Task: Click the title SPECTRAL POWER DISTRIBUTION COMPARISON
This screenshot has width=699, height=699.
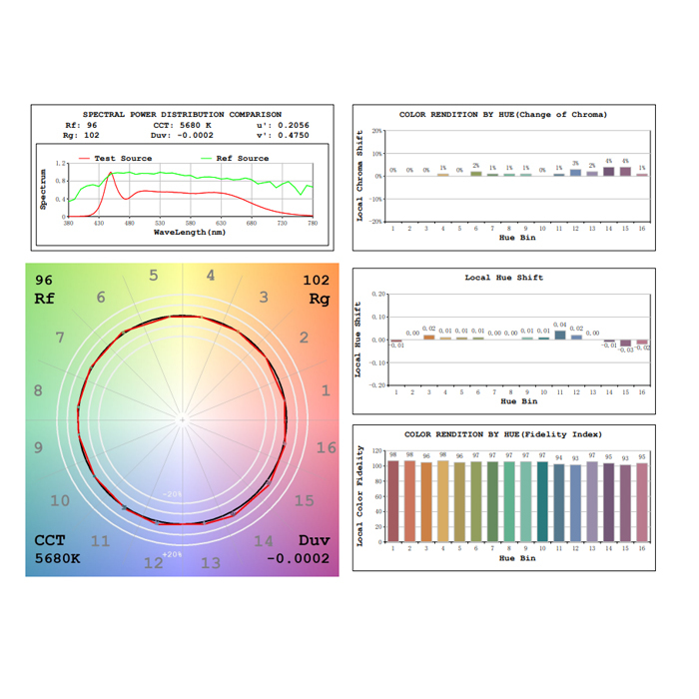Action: point(182,114)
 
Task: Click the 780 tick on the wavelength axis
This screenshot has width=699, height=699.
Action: point(313,223)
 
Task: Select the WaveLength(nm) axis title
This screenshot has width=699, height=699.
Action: point(190,232)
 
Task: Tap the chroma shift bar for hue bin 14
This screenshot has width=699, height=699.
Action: point(608,172)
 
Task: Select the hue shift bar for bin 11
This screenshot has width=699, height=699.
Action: point(559,335)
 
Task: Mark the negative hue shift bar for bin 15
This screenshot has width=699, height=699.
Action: point(625,343)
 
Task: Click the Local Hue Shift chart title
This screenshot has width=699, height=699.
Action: point(503,277)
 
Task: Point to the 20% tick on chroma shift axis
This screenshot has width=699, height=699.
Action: point(376,131)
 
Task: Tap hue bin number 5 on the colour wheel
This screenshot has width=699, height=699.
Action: point(153,276)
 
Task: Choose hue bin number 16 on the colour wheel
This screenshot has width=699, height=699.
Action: point(327,447)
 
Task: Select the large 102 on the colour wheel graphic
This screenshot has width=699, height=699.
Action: point(316,281)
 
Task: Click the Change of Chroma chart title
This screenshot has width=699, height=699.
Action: point(503,114)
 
